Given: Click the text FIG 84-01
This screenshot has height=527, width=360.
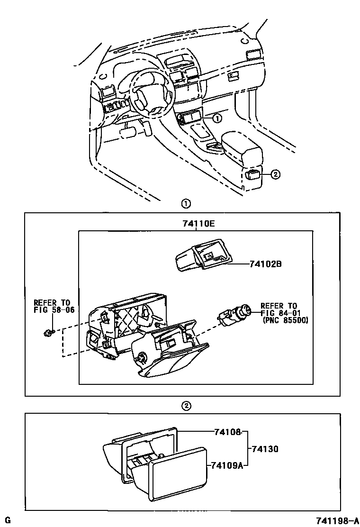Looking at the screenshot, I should coord(279,313).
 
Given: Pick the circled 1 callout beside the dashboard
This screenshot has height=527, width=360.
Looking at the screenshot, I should coord(216,118).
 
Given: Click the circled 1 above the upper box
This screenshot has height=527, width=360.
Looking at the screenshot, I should coord(186,204).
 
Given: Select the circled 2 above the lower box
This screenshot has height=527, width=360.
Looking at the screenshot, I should coord(186,406).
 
